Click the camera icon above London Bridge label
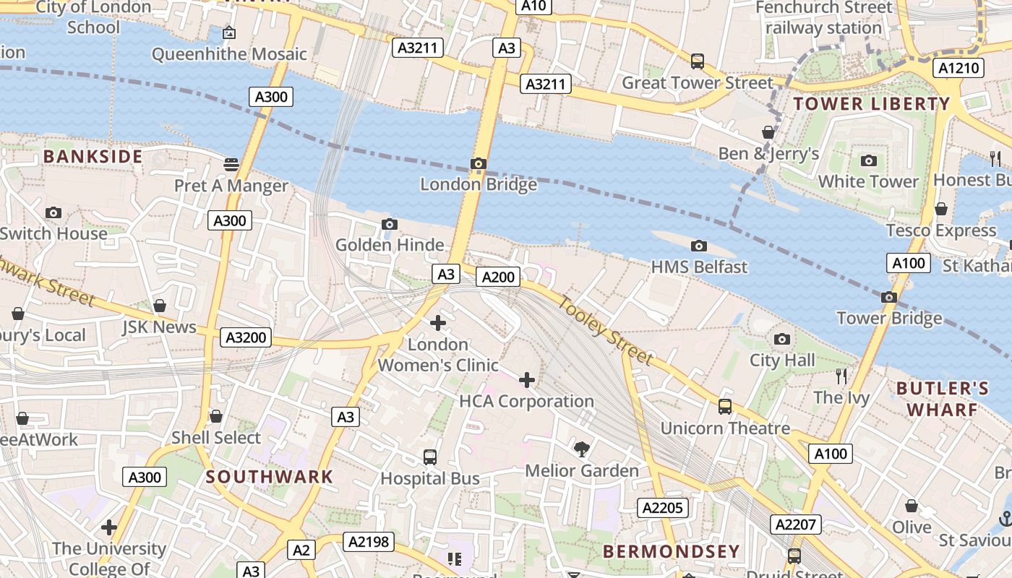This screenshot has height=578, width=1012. (x=478, y=164)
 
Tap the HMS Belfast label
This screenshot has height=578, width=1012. (x=699, y=267)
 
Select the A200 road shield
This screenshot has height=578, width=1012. (x=498, y=277)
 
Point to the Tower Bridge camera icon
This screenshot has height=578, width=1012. (x=889, y=297)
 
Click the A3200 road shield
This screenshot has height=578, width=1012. (x=246, y=337)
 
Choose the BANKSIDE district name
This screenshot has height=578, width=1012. (x=93, y=157)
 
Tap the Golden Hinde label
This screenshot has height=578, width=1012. (x=390, y=245)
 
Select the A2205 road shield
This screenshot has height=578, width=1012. (x=663, y=508)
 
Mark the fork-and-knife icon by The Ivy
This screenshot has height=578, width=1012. (x=841, y=376)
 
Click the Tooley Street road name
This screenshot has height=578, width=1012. (x=606, y=332)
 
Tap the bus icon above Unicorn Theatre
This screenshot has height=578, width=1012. (x=725, y=407)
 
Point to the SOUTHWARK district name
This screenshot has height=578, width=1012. (x=270, y=477)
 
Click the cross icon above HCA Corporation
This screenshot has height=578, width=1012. (x=527, y=380)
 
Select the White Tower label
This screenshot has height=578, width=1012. (x=868, y=181)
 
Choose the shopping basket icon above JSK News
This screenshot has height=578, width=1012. (x=160, y=306)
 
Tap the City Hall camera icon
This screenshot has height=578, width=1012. (x=781, y=339)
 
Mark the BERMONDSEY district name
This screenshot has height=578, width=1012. (x=672, y=551)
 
